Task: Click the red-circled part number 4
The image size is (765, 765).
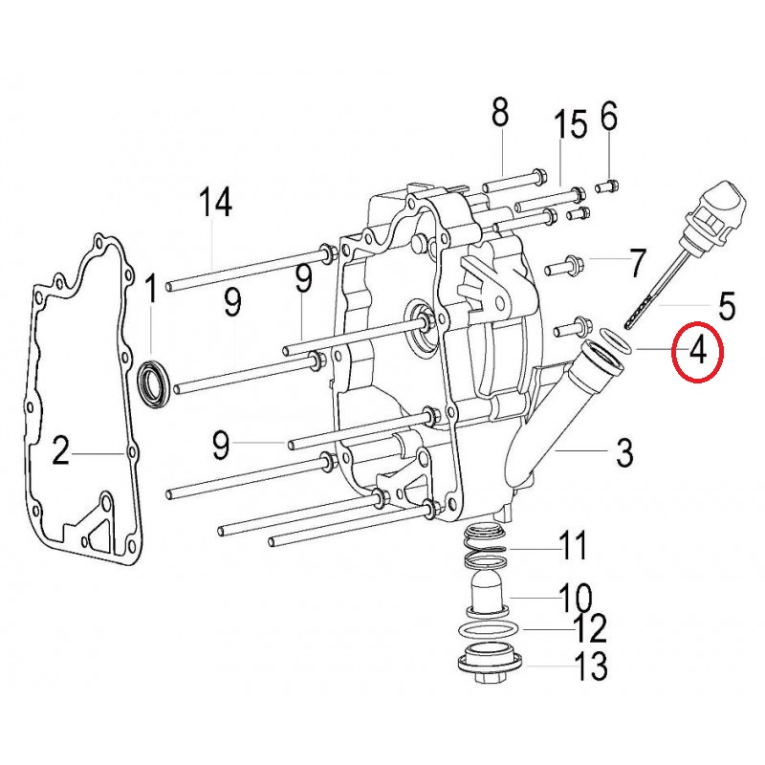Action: point(698,351)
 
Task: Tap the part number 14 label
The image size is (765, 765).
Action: point(215,203)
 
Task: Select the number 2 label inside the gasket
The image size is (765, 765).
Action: point(60,450)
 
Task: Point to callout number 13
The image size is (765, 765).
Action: point(592,666)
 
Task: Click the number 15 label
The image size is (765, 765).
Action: point(571,124)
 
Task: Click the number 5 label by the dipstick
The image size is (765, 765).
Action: point(727,306)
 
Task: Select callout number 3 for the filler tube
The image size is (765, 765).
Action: point(624,452)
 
